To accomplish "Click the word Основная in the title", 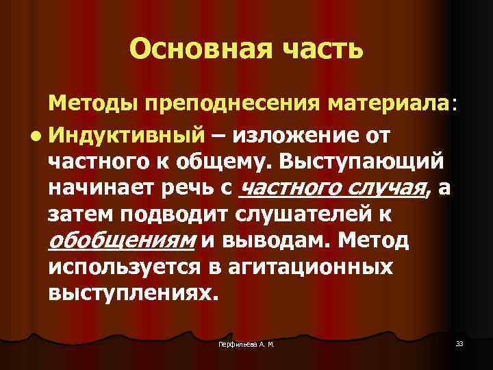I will tap(191, 49).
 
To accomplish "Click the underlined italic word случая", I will tap(385, 188).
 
